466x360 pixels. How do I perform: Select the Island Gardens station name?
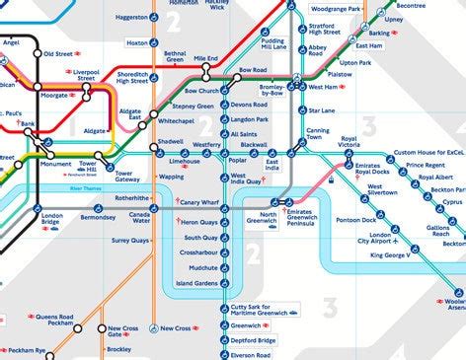pos(198,283)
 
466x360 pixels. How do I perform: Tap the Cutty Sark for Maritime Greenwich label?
pos(258,312)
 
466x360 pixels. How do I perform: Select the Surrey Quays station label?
pos(129,240)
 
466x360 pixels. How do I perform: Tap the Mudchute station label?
pos(203,267)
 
